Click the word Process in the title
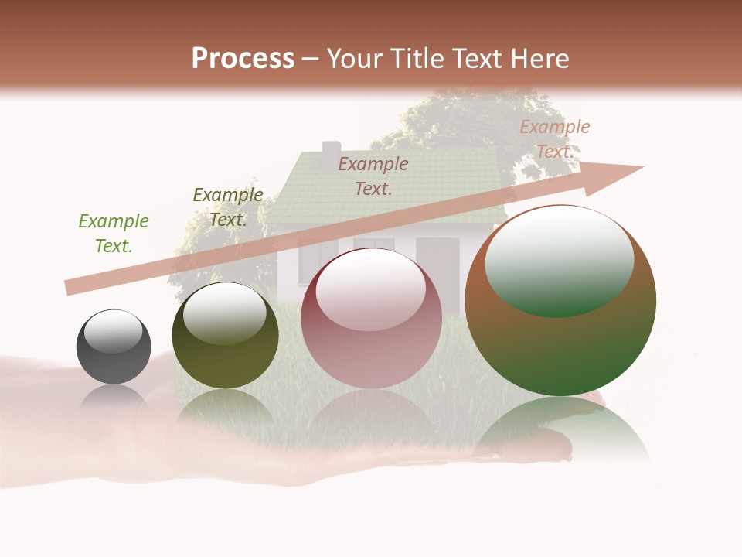pos(243,59)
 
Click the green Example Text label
pos(113,234)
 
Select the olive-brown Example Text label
pos(227,207)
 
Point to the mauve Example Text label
pos(373,176)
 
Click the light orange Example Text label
pos(554,139)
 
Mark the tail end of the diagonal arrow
pos(70,287)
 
